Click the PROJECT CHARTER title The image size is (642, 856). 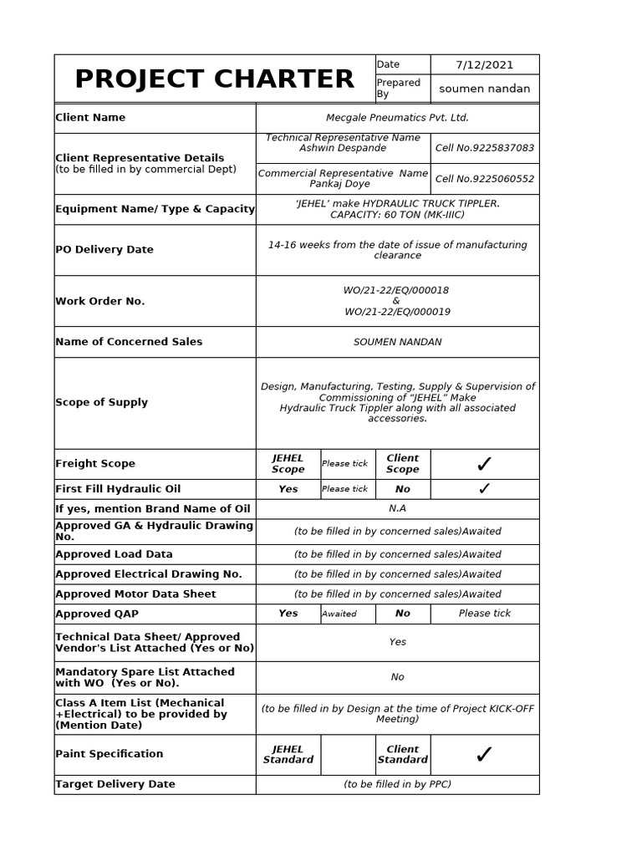[x=214, y=79]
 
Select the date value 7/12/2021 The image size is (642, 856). [x=485, y=64]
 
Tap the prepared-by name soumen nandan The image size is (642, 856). [x=485, y=89]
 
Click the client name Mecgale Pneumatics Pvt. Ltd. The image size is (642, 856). [x=397, y=118]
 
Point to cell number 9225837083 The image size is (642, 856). [x=485, y=148]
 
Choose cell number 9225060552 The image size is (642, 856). [x=485, y=179]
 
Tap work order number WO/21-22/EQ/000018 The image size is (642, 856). [x=396, y=290]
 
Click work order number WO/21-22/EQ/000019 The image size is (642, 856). [x=397, y=312]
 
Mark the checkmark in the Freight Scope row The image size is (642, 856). [x=484, y=464]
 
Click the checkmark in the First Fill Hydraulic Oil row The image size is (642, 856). [x=484, y=489]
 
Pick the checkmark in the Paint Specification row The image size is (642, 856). [x=484, y=755]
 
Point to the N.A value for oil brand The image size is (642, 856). [x=397, y=508]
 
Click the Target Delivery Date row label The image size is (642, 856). [x=115, y=784]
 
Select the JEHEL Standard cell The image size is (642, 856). [x=288, y=755]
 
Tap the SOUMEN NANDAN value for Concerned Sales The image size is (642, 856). [x=397, y=342]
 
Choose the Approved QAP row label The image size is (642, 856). [x=97, y=614]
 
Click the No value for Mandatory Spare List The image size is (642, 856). [x=397, y=677]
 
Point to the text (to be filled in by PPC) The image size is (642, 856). [x=397, y=784]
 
